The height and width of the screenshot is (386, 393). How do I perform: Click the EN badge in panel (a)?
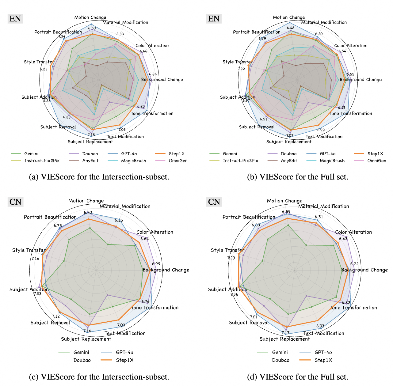point(15,19)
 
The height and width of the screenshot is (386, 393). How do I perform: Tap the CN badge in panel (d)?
point(214,202)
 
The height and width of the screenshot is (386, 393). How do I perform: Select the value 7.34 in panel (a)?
point(62,36)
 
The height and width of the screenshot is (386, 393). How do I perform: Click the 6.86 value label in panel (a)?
point(153,74)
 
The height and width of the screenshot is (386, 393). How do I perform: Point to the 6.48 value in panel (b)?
point(290,28)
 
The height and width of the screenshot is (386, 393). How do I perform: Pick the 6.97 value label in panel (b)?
point(246,100)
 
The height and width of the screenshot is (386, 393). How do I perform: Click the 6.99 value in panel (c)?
point(156,264)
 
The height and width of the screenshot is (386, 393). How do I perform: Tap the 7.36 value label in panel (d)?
point(234,294)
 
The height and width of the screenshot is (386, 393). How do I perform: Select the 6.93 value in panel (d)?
point(320,326)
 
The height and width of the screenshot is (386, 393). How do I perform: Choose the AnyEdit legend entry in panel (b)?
point(289,161)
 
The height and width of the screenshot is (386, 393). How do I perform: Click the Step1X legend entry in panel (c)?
point(124,360)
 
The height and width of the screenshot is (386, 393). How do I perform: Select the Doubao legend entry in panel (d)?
point(280,360)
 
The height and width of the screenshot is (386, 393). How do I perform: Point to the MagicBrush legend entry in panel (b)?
point(332,161)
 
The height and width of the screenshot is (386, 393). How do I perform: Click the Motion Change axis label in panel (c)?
point(86,201)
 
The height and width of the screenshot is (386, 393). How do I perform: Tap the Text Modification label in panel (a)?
point(125,137)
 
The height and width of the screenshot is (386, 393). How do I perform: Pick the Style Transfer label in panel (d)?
point(227,250)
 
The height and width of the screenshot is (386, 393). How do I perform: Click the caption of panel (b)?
point(297,177)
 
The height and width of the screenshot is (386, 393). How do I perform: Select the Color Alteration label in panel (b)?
point(351,46)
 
